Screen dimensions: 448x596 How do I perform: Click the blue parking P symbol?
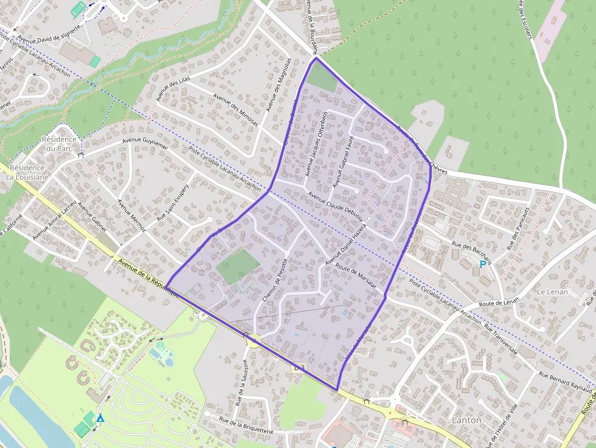[x=483, y=264]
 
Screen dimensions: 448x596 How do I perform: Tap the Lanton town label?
[x=466, y=420]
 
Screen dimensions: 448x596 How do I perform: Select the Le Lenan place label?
[x=552, y=292]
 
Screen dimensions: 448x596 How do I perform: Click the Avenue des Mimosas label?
[x=236, y=109]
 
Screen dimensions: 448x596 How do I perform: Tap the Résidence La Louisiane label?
[x=27, y=172]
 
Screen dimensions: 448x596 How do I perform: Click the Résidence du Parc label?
[x=59, y=143]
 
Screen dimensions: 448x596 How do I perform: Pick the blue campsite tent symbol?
[x=100, y=418]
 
